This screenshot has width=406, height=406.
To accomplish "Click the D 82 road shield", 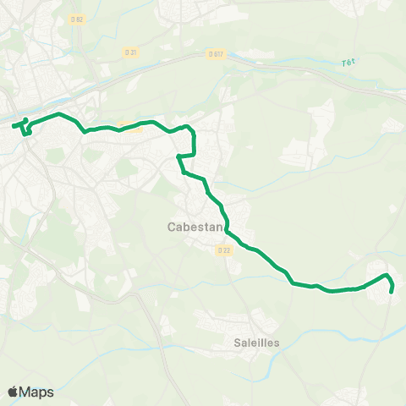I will (78, 19).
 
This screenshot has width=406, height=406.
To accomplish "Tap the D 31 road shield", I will (130, 52).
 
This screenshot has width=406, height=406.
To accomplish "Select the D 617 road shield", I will (215, 53).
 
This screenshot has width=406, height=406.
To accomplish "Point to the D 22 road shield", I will (223, 250).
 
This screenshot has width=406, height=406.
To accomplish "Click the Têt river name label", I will (347, 63).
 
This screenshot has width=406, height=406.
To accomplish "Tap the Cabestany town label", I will (196, 228).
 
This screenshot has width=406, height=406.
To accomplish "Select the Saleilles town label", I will (256, 343).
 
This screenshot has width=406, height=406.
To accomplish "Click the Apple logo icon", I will (14, 392).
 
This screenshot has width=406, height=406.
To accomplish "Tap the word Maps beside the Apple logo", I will (37, 392).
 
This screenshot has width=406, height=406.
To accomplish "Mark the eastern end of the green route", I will (392, 293).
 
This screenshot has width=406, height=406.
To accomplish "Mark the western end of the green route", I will (13, 127).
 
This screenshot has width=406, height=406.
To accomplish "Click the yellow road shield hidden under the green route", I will (129, 128).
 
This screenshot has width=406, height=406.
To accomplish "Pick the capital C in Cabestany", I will (172, 228).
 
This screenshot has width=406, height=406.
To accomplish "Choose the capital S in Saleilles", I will (238, 343).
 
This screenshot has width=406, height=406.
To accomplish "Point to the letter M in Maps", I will (26, 392).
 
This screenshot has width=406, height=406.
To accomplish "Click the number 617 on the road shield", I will (217, 53).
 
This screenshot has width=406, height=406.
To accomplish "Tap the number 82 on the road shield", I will (80, 19).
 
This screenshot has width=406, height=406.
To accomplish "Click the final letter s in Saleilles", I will (276, 343).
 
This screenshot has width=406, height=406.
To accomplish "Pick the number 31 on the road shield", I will (133, 52).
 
